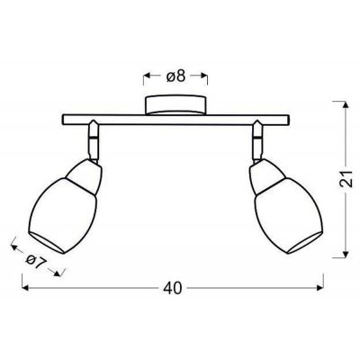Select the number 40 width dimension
(x=174, y=288)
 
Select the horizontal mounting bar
(x=175, y=121)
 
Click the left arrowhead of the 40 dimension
(x=24, y=288)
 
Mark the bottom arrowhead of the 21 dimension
(x=345, y=256)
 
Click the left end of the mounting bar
(x=63, y=121)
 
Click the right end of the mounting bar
(x=289, y=121)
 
